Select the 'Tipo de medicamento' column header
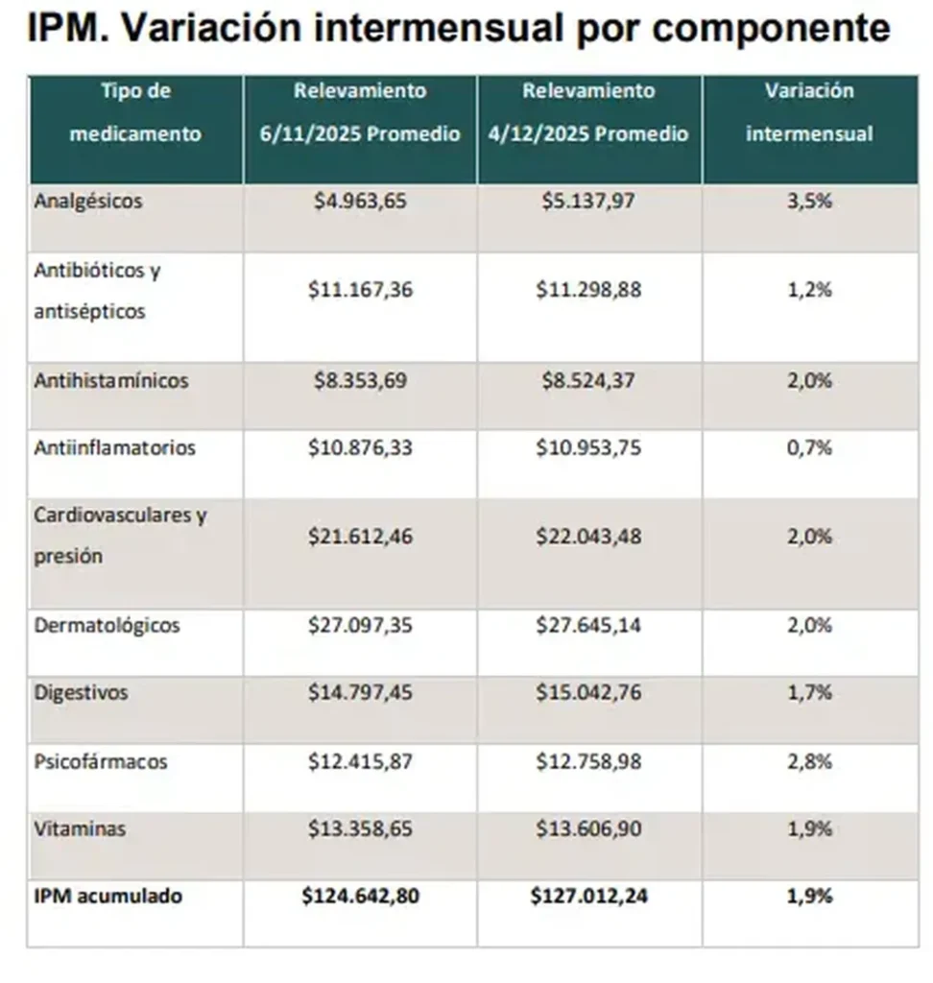(135, 112)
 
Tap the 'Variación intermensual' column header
(809, 112)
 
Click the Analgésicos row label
(88, 202)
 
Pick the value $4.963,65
(360, 202)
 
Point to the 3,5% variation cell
(809, 202)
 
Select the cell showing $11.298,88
(588, 289)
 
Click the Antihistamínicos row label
(111, 380)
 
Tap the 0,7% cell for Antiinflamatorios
(809, 447)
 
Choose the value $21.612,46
(360, 536)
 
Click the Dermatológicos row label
(107, 625)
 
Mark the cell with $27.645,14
(588, 625)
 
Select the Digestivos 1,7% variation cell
(809, 692)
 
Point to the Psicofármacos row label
(101, 761)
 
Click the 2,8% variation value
(809, 761)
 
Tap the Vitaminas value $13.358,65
(360, 828)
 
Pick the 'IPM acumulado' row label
(108, 897)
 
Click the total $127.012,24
(588, 897)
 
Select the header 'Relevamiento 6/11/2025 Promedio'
(360, 112)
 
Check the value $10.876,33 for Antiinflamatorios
(360, 447)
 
